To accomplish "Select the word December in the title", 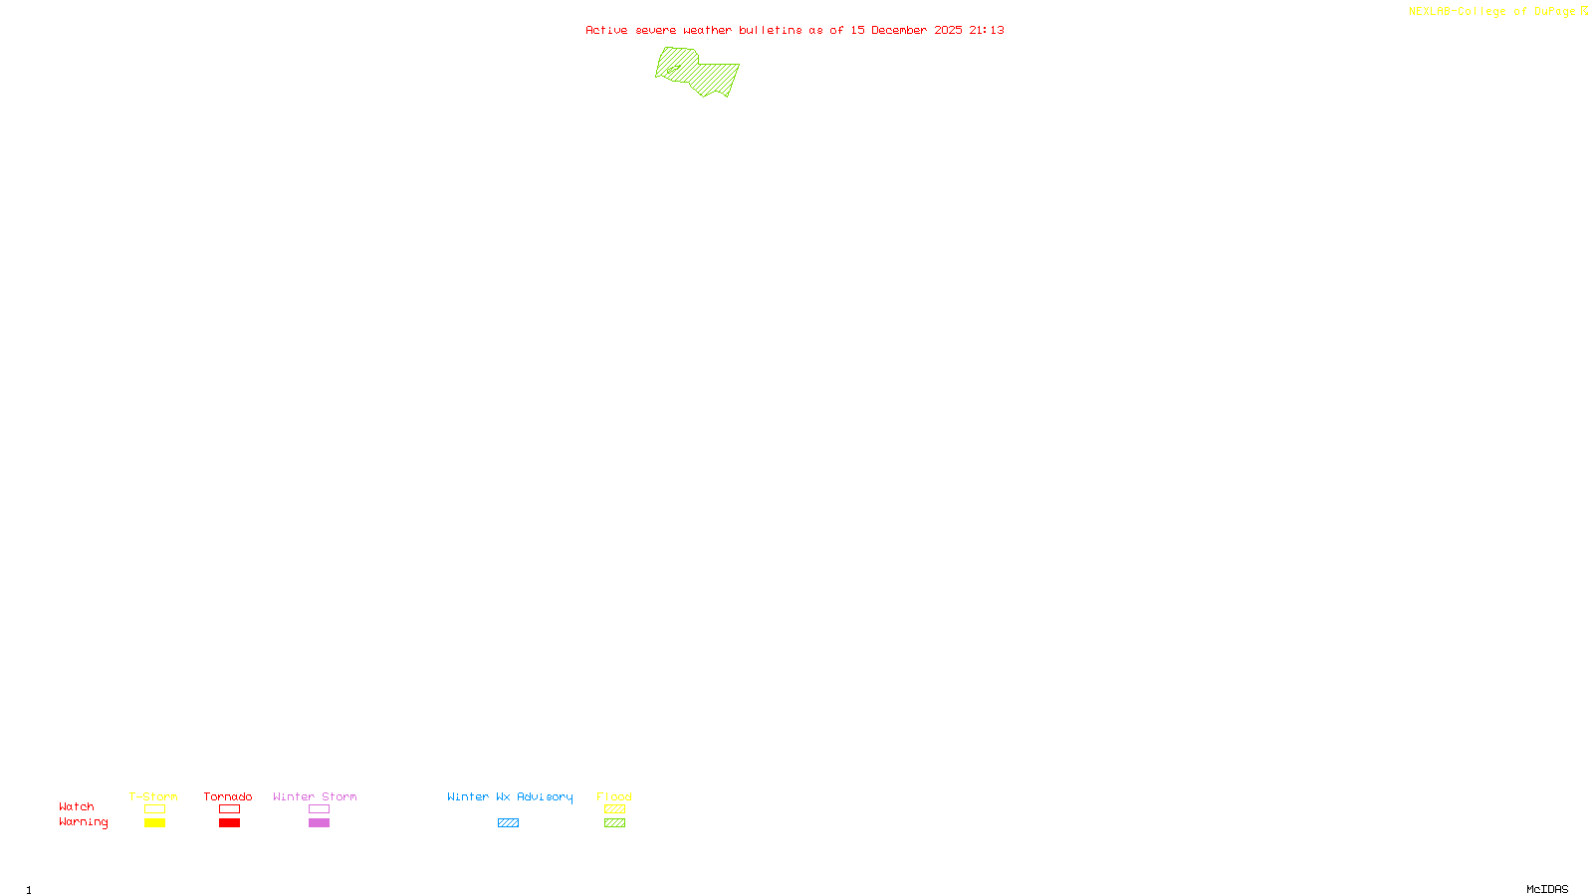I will (x=899, y=30).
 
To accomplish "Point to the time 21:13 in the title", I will (x=987, y=30).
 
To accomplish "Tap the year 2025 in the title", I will (x=948, y=30).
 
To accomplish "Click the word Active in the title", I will (x=606, y=30).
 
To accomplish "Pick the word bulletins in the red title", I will (x=771, y=30).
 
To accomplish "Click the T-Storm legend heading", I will (x=153, y=796).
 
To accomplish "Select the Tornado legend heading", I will (x=228, y=796).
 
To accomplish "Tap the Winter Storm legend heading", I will (x=315, y=796).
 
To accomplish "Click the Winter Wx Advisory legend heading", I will (x=510, y=796).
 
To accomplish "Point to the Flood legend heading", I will (x=614, y=796).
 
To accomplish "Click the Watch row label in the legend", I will (x=77, y=806).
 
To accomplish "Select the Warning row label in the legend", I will (x=83, y=822).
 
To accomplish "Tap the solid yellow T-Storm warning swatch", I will (x=154, y=823).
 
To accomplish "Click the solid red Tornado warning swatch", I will (x=229, y=823).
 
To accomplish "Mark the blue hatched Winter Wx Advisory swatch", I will (x=508, y=823).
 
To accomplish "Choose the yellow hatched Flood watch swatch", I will (x=614, y=809).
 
